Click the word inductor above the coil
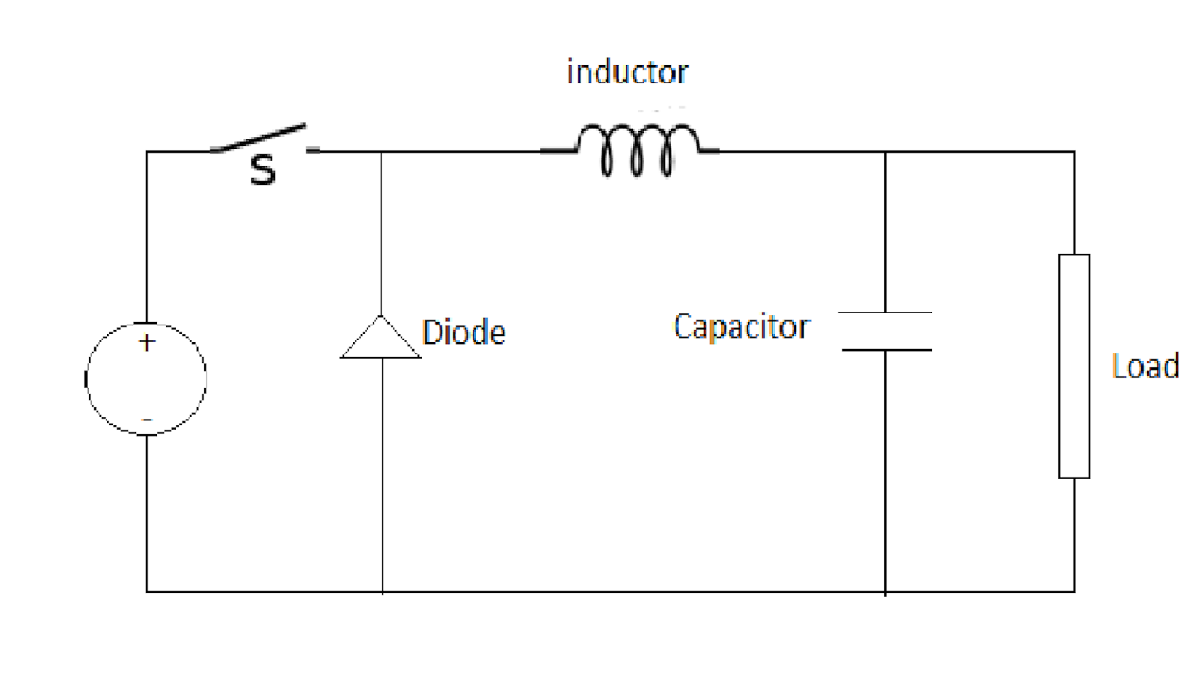tap(627, 72)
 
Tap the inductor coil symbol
tap(636, 150)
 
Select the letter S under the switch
tap(263, 170)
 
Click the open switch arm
tap(260, 138)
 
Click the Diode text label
tap(463, 332)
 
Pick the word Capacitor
tap(741, 327)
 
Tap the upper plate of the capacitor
tap(885, 312)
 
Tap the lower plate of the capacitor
tap(887, 350)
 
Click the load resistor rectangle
tap(1074, 366)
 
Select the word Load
tap(1145, 367)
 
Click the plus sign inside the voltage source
tap(147, 343)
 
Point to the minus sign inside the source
tap(147, 420)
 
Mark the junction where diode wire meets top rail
tap(381, 152)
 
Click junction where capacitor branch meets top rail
tap(885, 152)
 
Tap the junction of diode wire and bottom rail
tap(382, 591)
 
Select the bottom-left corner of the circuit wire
tap(147, 591)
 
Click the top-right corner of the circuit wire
tap(1074, 152)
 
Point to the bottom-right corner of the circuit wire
tap(1074, 591)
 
